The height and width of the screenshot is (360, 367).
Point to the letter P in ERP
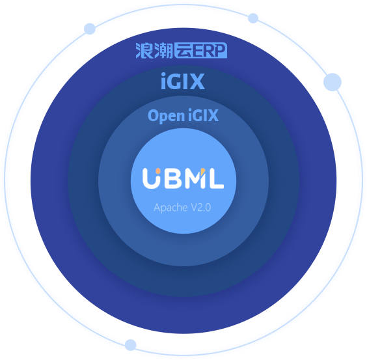[x=220, y=51]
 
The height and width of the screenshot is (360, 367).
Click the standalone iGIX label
[x=183, y=81]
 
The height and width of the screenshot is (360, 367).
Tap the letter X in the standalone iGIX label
[x=197, y=81]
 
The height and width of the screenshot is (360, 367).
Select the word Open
[x=166, y=116]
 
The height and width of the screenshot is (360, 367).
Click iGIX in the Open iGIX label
[x=203, y=115]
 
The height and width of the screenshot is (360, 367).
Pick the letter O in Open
[x=153, y=115]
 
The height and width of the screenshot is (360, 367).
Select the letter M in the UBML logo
[x=195, y=178]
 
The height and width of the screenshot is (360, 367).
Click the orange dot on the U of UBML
[x=158, y=171]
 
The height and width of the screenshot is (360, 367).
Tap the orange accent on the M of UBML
[x=203, y=171]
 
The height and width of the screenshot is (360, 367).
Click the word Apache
[x=171, y=208]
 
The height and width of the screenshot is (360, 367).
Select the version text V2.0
[x=201, y=207]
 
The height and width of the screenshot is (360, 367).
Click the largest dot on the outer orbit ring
[x=333, y=82]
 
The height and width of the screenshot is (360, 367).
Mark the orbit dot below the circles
[x=130, y=345]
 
